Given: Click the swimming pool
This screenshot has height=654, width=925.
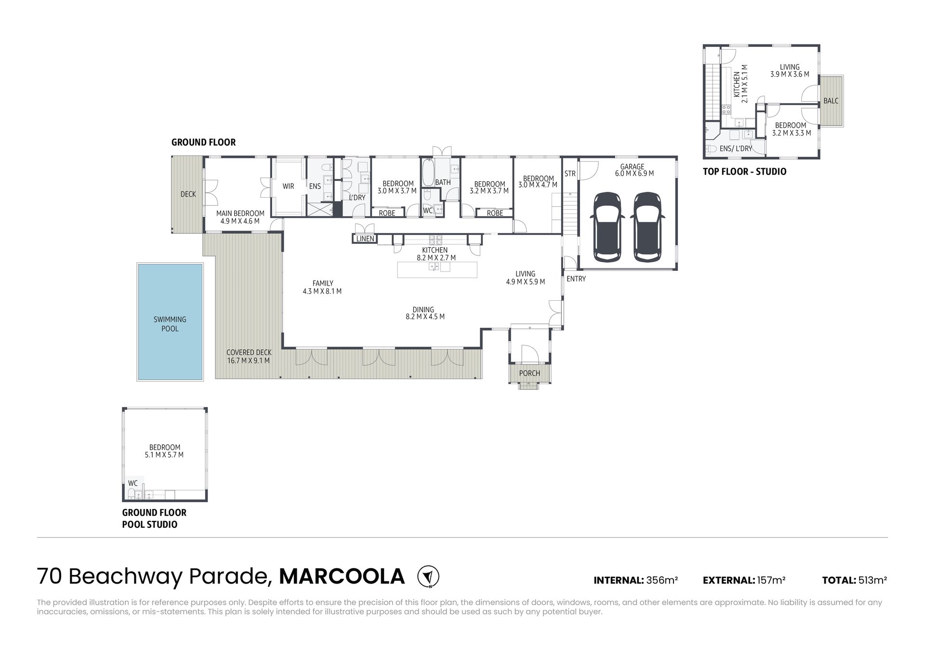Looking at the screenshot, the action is pyautogui.click(x=170, y=322).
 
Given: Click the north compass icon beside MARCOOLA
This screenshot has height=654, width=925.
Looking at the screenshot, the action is pyautogui.click(x=428, y=576).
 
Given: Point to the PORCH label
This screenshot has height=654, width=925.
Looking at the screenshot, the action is pyautogui.click(x=529, y=373).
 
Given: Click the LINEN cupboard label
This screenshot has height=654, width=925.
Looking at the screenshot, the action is pyautogui.click(x=365, y=239).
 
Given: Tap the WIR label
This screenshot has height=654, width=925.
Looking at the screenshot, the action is pyautogui.click(x=288, y=187).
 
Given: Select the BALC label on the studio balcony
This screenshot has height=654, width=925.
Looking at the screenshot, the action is pyautogui.click(x=831, y=101).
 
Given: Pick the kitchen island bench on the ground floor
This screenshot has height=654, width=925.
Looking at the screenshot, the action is pyautogui.click(x=437, y=270).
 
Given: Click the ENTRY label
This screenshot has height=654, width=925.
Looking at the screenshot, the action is pyautogui.click(x=576, y=279).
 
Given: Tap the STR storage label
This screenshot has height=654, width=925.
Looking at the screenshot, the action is pyautogui.click(x=570, y=174).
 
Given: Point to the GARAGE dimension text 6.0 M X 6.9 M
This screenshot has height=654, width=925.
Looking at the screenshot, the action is pyautogui.click(x=634, y=174).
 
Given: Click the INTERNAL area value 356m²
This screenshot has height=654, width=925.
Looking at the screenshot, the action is pyautogui.click(x=662, y=580).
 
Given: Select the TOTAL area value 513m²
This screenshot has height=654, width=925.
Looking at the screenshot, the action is pyautogui.click(x=872, y=580).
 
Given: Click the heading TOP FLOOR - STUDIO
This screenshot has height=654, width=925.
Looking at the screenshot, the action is pyautogui.click(x=744, y=172).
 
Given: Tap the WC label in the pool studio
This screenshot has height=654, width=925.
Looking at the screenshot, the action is pyautogui.click(x=133, y=483).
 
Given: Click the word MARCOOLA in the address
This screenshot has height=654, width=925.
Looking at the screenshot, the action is pyautogui.click(x=342, y=576).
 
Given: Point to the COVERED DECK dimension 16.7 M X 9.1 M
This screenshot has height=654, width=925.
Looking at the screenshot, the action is pyautogui.click(x=249, y=360).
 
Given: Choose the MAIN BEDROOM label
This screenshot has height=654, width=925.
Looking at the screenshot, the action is pyautogui.click(x=240, y=214).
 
